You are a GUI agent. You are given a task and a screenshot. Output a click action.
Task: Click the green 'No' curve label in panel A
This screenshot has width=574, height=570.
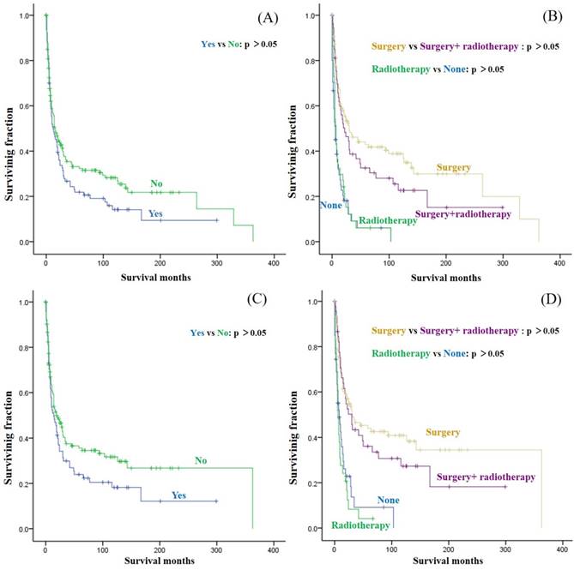pyautogui.click(x=157, y=183)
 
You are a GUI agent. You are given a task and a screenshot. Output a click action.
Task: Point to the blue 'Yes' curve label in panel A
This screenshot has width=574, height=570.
pyautogui.click(x=155, y=213)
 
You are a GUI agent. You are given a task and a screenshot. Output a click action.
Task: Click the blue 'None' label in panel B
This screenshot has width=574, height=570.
pyautogui.click(x=331, y=205)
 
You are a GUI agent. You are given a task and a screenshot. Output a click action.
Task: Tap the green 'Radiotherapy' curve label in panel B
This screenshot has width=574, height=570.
pyautogui.click(x=387, y=220)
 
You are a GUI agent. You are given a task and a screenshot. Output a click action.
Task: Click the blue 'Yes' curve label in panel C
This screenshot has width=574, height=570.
pyautogui.click(x=179, y=495)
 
